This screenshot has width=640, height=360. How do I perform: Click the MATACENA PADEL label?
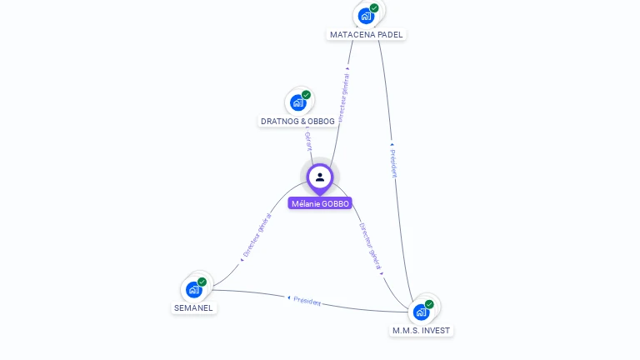pos(366,35)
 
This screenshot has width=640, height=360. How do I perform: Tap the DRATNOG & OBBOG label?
pos(297,122)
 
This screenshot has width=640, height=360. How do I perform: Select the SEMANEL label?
pos(193,308)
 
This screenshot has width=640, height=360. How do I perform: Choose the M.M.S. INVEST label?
pos(421,331)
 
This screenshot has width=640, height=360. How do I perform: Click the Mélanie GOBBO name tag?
pos(320,203)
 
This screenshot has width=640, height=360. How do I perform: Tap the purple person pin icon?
pos(320,177)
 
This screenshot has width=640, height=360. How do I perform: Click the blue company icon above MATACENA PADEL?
pos(365,16)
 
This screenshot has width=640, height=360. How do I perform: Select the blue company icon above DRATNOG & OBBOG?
pos(297,102)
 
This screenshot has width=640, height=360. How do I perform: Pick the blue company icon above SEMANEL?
pos(193,289)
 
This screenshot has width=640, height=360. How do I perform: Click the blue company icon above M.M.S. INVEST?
pos(421,312)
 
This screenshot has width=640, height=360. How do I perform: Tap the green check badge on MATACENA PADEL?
pos(374,8)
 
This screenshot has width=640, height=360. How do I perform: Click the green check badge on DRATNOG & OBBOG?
pos(306,95)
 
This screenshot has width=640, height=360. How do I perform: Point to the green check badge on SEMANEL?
pos(202,282)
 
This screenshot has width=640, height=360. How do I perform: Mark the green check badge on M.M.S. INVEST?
pos(429,304)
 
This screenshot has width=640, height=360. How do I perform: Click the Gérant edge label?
pos(307,140)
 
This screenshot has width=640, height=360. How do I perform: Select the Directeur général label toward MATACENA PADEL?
pos(344,96)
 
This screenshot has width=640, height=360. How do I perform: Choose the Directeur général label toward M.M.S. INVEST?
pos(371,247)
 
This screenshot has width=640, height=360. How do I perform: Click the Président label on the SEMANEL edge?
pos(305,301)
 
